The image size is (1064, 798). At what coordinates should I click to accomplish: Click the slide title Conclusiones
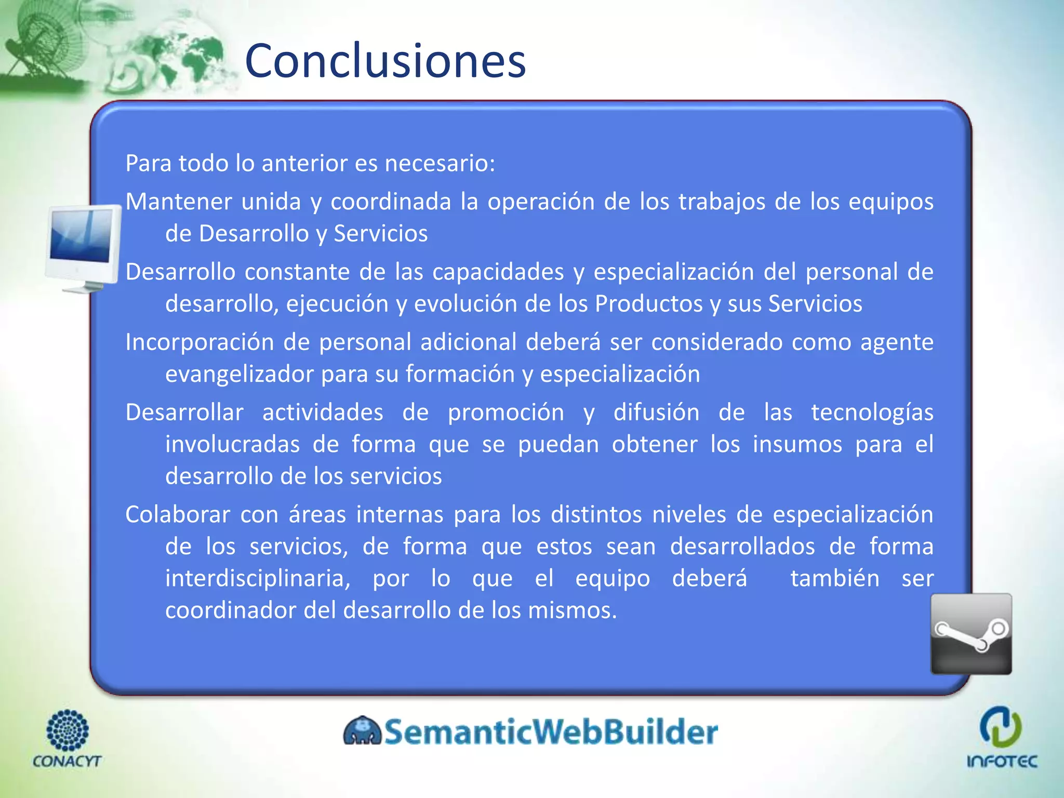click(385, 61)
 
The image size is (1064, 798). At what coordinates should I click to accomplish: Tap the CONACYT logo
click(67, 738)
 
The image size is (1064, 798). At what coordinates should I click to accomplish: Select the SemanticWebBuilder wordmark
click(551, 731)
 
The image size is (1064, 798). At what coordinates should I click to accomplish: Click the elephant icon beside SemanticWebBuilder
click(362, 731)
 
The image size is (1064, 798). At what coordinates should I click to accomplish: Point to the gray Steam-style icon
click(970, 634)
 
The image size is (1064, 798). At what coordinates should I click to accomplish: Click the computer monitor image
click(83, 248)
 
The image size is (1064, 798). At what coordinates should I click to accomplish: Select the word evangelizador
click(239, 374)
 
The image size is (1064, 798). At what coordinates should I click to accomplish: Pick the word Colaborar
click(177, 515)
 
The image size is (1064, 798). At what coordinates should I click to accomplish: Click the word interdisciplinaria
click(257, 578)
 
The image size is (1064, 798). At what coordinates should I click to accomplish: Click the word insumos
click(797, 445)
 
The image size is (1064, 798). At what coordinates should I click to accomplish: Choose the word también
click(834, 578)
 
